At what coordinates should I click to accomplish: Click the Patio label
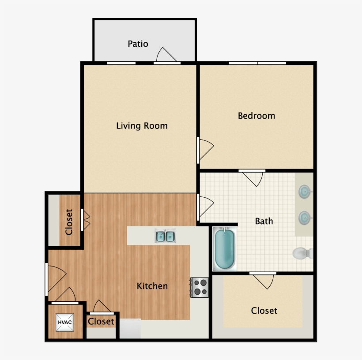(138, 44)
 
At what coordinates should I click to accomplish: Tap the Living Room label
(142, 126)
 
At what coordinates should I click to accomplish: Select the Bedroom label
(256, 116)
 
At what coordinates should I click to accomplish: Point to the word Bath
(264, 221)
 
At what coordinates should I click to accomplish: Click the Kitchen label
(152, 286)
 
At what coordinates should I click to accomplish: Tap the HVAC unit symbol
(65, 322)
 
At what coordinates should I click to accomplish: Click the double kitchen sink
(165, 236)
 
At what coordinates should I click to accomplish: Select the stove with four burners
(200, 287)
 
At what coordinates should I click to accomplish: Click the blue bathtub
(225, 249)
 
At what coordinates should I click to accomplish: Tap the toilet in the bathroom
(303, 253)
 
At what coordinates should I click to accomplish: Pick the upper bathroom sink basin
(305, 191)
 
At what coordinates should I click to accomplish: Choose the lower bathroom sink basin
(305, 217)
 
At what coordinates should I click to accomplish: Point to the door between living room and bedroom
(205, 150)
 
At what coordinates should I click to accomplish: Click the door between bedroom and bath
(253, 178)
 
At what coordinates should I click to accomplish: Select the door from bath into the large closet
(264, 281)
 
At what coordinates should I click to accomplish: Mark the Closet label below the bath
(264, 311)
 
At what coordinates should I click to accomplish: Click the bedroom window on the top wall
(257, 63)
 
